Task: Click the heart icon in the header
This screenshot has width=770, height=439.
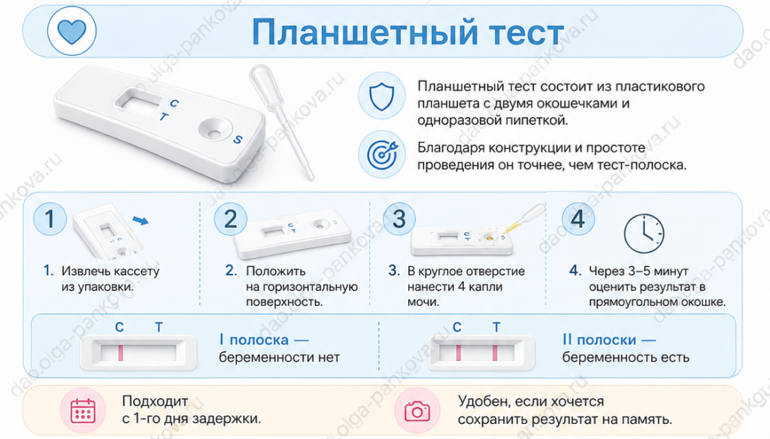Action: (x=71, y=32)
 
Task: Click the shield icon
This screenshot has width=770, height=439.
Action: (x=381, y=96)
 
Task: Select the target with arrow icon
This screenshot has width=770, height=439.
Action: (x=382, y=154)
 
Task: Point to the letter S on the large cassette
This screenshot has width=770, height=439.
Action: (x=238, y=140)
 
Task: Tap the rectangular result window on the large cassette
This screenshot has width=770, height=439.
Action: (x=139, y=101)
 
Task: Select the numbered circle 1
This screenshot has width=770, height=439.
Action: (x=50, y=219)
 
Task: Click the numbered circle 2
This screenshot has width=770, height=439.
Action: (x=230, y=219)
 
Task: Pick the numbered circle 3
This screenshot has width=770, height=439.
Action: (x=399, y=219)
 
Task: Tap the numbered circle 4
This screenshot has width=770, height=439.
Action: (x=578, y=219)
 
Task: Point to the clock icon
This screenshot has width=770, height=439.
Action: (x=644, y=233)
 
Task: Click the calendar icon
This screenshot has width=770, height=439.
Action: (x=83, y=410)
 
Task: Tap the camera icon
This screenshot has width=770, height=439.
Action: (x=417, y=410)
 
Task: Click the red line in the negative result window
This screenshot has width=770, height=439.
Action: (x=120, y=353)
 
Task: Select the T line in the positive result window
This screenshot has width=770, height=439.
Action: (x=495, y=353)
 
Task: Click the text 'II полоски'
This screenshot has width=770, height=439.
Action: (x=599, y=340)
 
